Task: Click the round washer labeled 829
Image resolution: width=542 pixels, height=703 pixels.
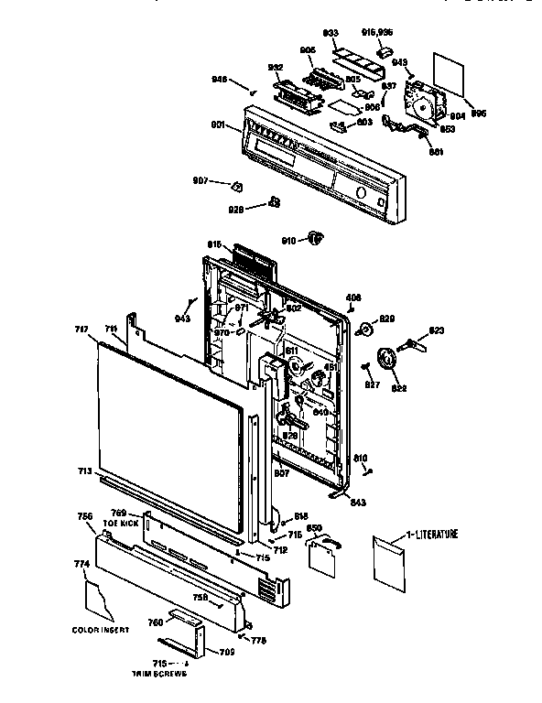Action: (364, 330)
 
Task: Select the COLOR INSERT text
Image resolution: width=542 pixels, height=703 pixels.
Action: (98, 629)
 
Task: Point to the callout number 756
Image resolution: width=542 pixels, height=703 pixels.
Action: (85, 516)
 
